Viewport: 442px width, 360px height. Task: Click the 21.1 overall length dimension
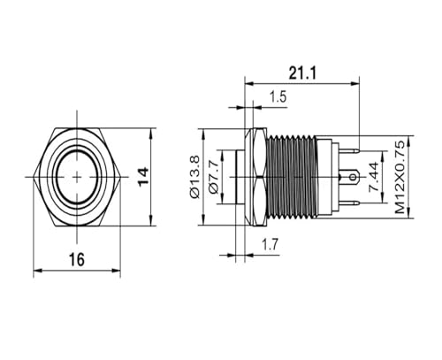(302, 73)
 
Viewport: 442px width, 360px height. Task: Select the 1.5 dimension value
(278, 96)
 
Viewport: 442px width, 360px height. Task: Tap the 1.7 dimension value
(271, 244)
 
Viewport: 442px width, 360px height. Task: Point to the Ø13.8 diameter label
(195, 177)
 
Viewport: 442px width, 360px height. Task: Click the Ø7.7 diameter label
(214, 177)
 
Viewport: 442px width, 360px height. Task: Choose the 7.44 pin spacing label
(374, 177)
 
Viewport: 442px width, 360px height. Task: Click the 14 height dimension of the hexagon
(143, 177)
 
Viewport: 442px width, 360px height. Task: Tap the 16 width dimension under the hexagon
(77, 259)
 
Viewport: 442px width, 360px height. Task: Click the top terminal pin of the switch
(349, 150)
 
